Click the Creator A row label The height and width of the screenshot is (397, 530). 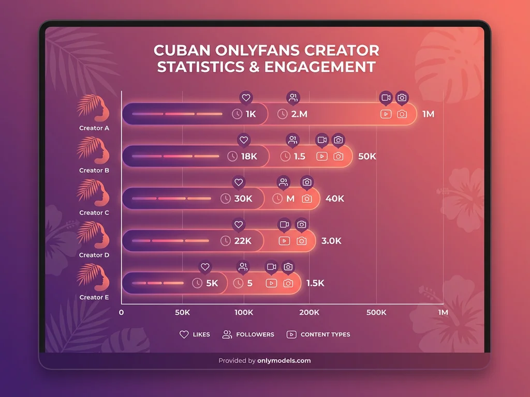[94, 128]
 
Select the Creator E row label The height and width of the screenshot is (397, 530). [94, 298]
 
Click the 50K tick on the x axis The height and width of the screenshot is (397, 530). [182, 313]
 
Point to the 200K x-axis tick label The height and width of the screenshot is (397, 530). [309, 313]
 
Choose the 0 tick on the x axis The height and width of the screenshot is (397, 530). [122, 313]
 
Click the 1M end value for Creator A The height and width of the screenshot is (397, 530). [428, 114]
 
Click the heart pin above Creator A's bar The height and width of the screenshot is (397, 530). [246, 98]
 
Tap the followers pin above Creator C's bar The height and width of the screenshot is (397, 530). [283, 182]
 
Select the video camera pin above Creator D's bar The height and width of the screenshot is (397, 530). [284, 225]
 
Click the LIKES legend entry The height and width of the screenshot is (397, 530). [195, 334]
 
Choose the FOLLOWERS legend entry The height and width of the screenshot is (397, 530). [248, 334]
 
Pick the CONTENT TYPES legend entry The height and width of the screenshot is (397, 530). [318, 334]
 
